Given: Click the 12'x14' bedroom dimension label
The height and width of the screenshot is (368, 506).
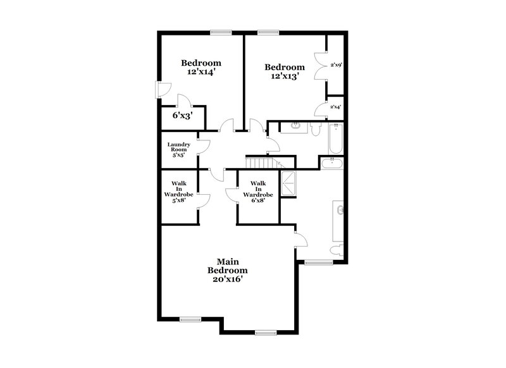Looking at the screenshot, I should coord(201,72).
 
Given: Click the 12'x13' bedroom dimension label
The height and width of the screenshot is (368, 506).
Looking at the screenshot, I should coord(284,76).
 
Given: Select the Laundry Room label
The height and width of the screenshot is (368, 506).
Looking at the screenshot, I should coord(178,149).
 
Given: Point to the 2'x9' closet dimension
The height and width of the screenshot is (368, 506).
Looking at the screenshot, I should coord(336,64).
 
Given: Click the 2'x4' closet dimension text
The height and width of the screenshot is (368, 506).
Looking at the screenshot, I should coord(336,107).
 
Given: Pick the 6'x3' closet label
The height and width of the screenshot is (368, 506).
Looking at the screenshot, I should coord(182,116).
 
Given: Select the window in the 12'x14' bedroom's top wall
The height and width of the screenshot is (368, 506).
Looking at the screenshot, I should coord(221,32).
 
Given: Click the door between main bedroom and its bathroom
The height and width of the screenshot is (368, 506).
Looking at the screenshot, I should coord(301,238).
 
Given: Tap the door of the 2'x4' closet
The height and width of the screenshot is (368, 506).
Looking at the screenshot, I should coord(321,109).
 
